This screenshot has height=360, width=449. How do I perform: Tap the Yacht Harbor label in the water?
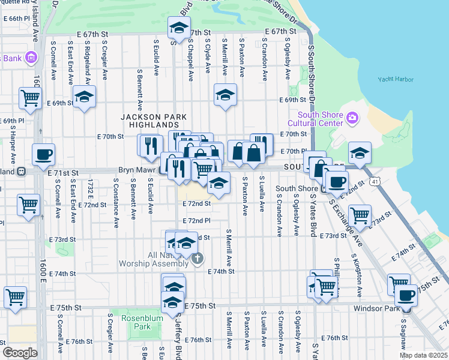click(395, 79)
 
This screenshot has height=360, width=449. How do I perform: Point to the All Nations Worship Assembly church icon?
click(199, 259)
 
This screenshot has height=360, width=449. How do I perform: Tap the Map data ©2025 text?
click(423, 355)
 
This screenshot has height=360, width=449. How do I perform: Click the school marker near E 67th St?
click(178, 29)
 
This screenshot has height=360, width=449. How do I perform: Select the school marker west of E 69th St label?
click(85, 96)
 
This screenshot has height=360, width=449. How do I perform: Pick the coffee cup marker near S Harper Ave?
click(43, 155)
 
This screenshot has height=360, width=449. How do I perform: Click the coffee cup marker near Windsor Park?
click(406, 295)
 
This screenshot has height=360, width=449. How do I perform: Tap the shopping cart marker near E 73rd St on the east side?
click(359, 215)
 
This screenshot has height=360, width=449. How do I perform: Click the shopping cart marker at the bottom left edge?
click(15, 296)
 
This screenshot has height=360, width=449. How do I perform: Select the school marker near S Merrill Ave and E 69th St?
click(225, 95)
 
